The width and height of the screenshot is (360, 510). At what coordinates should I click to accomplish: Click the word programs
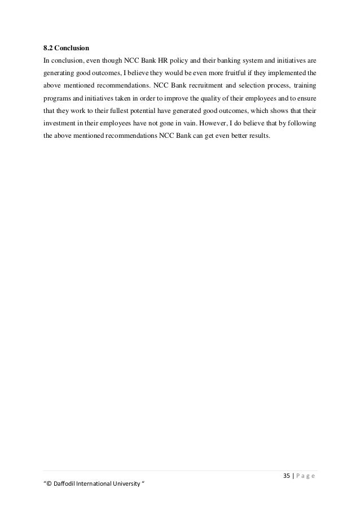[56, 98]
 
